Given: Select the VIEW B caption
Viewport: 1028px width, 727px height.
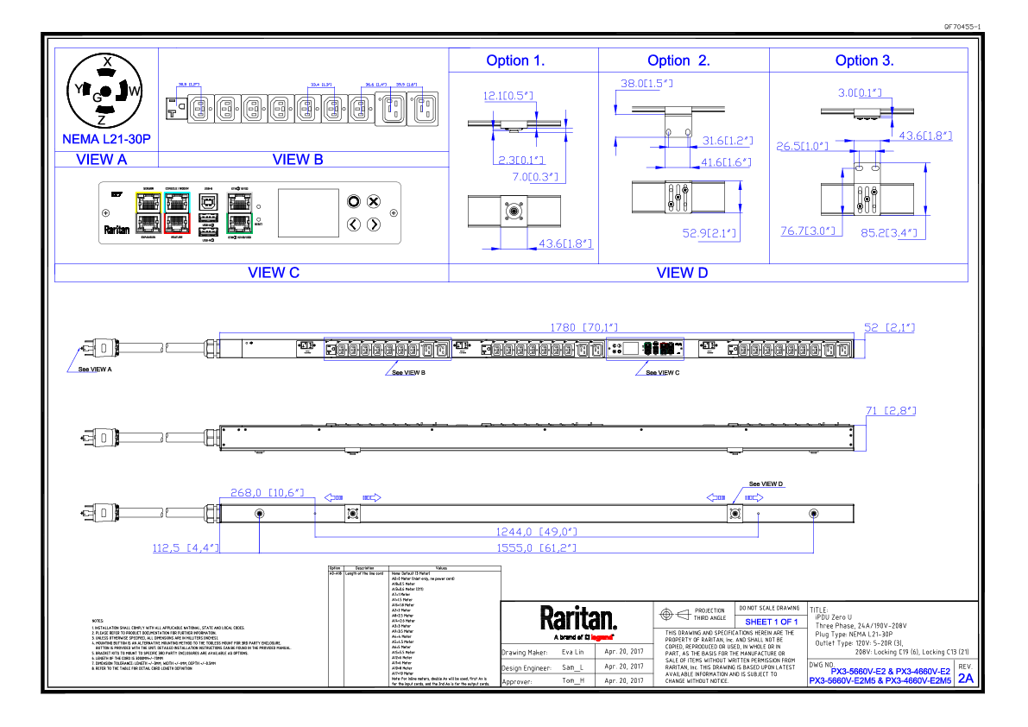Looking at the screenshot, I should pos(297,159).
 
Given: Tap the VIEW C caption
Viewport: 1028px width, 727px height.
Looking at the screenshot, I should pos(273,272).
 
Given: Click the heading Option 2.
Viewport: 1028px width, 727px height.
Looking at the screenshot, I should pos(678,60).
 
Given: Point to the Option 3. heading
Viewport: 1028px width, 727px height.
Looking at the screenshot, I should pos(864,60).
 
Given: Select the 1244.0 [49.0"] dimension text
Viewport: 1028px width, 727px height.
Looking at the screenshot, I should pos(536,532).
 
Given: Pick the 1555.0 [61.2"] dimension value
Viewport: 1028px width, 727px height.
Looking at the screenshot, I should pos(536,547).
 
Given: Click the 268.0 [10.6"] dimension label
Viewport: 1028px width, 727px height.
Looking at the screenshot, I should pos(268,492).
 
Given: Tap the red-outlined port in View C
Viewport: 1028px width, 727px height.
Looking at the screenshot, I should pos(177,223).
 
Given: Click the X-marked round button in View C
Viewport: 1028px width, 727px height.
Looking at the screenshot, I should pos(374,202).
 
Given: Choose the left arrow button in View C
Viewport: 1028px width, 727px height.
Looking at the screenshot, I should pos(353,224).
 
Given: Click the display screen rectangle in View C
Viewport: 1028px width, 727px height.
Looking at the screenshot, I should pos(308,212).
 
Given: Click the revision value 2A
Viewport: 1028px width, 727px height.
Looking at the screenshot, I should pos(966,678).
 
